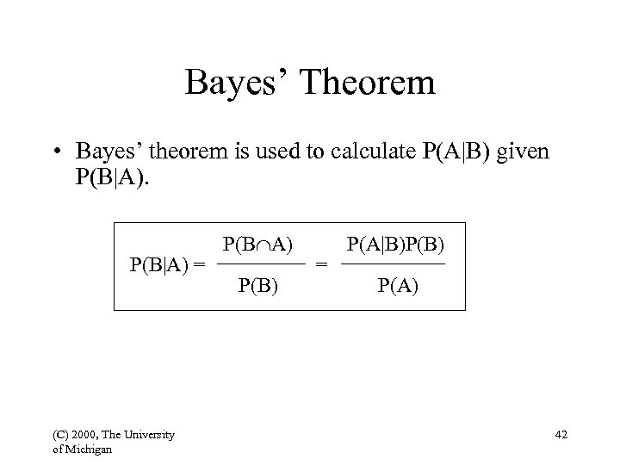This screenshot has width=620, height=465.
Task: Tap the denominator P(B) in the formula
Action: [258, 285]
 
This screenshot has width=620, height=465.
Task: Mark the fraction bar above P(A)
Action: [394, 263]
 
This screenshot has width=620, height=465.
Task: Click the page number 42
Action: [562, 437]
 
